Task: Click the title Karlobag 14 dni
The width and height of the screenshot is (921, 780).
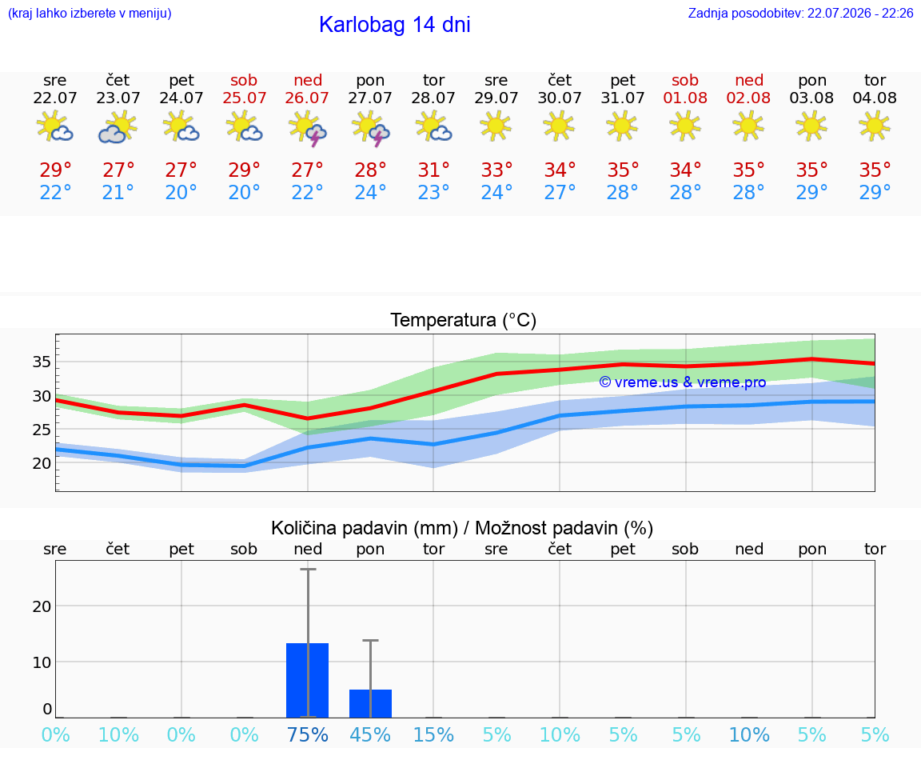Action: coord(395,25)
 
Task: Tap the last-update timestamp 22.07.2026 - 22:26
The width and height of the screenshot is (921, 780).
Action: coord(860,13)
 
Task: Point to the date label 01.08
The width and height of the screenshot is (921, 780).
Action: coord(685,98)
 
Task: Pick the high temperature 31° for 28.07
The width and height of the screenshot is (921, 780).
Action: coord(433,170)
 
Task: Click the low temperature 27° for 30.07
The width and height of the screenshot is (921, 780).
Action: coord(560,192)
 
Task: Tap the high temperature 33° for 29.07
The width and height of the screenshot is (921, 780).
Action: coord(497,170)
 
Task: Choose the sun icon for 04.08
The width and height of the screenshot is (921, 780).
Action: coord(874,126)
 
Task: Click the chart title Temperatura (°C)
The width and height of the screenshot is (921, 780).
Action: coord(464,320)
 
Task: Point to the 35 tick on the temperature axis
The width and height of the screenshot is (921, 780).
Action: coord(42,362)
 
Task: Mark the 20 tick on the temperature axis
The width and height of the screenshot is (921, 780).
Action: coord(42,463)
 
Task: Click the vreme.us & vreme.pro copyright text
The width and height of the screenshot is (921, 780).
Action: coord(683,382)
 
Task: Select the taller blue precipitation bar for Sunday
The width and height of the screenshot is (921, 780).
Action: coord(307,680)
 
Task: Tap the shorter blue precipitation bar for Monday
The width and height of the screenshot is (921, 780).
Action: coord(371,703)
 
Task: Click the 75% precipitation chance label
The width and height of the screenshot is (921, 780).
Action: coord(307,734)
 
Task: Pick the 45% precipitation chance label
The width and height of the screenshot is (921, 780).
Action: coord(370,734)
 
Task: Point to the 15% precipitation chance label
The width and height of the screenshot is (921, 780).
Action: coord(433,734)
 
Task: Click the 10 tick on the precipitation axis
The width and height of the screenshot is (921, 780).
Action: coord(42,662)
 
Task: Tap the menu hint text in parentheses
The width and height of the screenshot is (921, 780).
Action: coord(90,13)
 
